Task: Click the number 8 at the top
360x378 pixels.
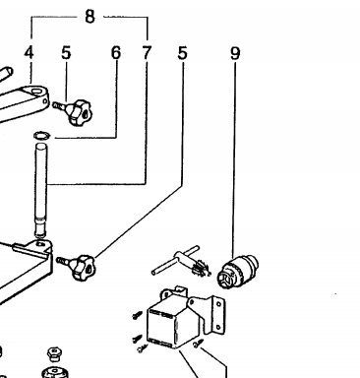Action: pos(90,17)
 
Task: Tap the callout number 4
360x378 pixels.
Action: pos(30,52)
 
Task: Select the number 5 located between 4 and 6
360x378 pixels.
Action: pos(66,52)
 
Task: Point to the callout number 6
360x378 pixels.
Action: pos(116,52)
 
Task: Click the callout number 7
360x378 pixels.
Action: pos(147,52)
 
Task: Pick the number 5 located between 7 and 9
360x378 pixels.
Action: pos(182,52)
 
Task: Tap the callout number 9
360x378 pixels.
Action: pos(235,53)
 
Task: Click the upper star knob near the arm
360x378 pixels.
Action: pos(80,112)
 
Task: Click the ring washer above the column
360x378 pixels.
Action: pos(41,135)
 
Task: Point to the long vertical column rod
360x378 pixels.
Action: pos(41,190)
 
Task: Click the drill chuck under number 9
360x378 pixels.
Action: pos(238,272)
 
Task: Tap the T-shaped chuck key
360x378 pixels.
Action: pos(181,262)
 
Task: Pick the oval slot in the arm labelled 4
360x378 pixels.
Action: pos(36,90)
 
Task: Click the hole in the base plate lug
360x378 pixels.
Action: pos(40,244)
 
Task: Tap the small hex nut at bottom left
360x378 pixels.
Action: pos(54,353)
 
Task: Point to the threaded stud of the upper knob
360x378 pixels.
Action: pos(60,106)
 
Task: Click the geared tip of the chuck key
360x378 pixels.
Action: pos(201,268)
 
